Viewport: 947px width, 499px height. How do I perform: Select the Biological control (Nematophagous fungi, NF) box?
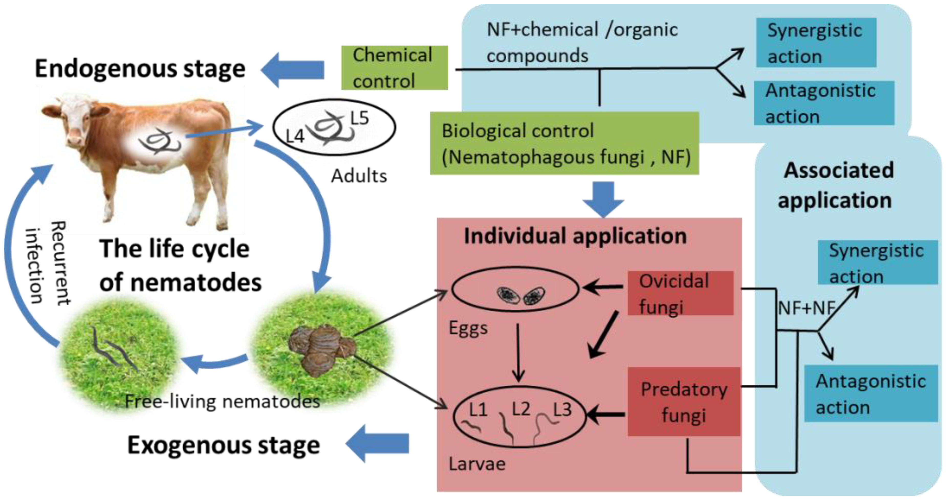(564, 143)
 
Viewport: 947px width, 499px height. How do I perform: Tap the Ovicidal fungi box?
(680, 293)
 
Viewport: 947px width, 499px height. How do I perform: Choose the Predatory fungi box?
(683, 401)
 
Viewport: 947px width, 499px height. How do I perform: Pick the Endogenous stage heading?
(140, 69)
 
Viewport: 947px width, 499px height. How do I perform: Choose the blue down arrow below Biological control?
(603, 198)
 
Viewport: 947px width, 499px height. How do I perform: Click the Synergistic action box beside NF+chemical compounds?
(816, 43)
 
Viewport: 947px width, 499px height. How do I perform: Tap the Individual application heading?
(575, 236)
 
